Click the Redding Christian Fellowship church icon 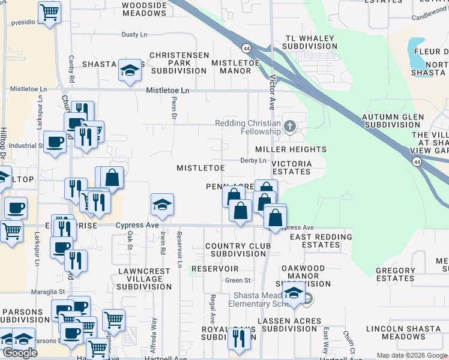290,126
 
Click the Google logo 20,353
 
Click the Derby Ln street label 253,160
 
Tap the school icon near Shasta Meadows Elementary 294,293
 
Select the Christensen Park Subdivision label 179,62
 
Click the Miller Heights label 291,149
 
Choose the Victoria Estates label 292,167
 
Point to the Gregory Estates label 396,274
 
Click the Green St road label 238,280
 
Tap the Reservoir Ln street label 179,245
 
